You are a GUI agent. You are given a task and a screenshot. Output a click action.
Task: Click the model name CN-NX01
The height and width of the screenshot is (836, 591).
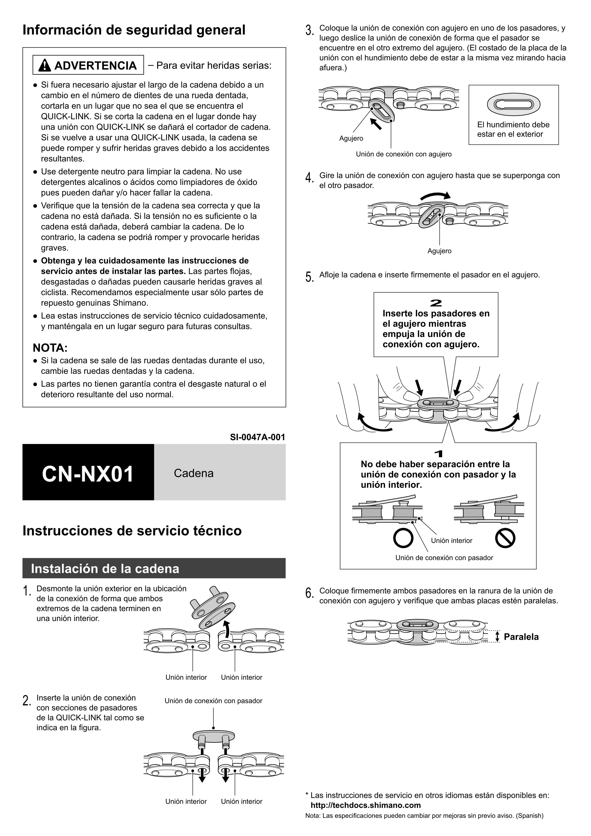88,474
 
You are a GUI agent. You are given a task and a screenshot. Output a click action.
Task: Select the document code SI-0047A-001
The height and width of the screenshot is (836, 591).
257,437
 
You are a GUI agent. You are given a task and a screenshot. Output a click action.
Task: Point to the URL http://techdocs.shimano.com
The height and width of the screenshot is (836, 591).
365,805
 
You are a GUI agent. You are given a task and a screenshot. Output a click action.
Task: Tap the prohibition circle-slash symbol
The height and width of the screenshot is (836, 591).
505,538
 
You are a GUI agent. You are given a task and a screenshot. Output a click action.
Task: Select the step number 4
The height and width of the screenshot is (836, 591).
309,178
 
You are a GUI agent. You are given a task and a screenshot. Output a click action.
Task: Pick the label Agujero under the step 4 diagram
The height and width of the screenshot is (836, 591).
439,251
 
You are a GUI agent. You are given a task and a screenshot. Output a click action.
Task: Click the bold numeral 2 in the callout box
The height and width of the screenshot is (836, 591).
436,303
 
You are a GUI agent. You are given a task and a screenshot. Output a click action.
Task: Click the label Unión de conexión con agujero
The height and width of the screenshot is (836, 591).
403,154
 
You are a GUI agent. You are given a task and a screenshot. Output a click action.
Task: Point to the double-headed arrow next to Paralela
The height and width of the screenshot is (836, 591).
497,637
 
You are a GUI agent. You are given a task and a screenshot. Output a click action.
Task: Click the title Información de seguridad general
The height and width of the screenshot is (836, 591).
134,30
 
